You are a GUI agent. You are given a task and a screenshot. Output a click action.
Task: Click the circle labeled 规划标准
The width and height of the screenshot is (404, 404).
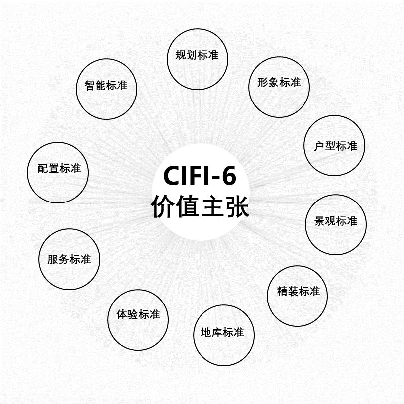(197, 55)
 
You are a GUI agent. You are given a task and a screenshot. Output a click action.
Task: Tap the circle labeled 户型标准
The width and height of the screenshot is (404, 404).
(334, 146)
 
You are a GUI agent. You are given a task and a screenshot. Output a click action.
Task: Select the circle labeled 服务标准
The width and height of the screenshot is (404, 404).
(69, 259)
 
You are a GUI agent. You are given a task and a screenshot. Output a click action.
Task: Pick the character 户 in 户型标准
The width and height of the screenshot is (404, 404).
(319, 146)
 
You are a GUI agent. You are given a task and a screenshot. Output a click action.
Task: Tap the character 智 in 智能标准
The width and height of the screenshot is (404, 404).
(90, 86)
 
